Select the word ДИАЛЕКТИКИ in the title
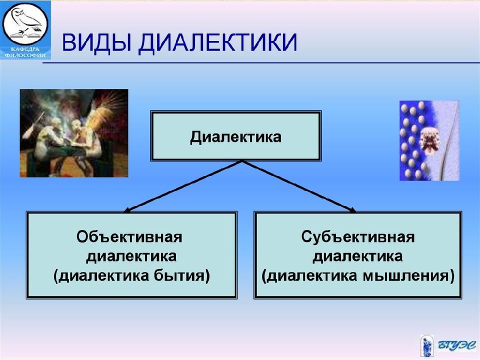coord(217,42)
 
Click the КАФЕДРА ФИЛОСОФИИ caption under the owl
coord(25,52)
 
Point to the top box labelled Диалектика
coord(235,136)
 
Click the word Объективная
coord(129,237)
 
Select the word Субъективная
coord(358,236)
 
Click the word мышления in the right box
coord(405,276)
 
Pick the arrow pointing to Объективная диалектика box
coord(183,186)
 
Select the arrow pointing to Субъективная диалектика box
coord(299,186)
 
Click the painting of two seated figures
coord(74,133)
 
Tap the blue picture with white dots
coord(429,140)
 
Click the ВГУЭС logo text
coord(456,345)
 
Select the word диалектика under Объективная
coord(131,256)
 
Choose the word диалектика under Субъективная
coord(357,256)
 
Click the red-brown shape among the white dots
coord(430,140)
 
